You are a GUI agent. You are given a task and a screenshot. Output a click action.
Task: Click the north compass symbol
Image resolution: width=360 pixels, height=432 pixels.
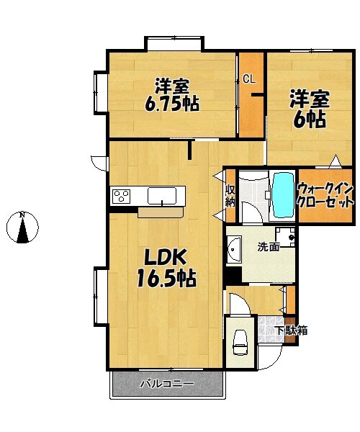point(22,228)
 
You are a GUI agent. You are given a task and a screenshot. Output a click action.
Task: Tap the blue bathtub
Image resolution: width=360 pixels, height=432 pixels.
point(283,195)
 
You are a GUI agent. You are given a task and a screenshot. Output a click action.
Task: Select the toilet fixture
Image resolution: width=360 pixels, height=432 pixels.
point(240,342)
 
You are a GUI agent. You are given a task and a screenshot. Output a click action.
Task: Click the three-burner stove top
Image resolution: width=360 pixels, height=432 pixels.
point(122,196)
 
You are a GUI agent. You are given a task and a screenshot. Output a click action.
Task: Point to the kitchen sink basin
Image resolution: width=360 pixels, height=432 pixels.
point(162,196)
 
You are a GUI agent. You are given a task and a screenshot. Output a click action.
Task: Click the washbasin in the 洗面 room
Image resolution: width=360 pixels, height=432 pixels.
point(234,249)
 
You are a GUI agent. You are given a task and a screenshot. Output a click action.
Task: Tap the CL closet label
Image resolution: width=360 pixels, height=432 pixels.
point(249,79)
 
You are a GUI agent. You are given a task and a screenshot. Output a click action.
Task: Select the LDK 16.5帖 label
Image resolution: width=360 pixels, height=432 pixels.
point(166,269)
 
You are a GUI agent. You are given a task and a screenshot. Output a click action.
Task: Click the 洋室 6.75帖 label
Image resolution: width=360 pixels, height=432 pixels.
point(172,95)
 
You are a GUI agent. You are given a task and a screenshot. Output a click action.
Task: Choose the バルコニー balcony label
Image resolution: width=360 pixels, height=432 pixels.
point(168,384)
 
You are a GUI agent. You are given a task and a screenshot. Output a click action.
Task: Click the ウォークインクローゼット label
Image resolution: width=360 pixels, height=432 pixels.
point(325,196)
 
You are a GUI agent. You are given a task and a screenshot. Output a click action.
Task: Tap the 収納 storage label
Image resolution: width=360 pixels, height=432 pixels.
point(230,196)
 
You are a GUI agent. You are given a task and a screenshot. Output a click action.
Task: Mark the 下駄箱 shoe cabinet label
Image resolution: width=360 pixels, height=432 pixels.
point(292,330)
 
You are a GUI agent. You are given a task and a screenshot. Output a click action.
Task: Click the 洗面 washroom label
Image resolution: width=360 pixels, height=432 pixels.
point(269,247)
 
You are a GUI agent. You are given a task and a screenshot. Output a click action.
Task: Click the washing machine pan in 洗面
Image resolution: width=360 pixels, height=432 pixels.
point(285,237)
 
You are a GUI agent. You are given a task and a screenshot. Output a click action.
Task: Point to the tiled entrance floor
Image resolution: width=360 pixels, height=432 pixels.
point(271,329)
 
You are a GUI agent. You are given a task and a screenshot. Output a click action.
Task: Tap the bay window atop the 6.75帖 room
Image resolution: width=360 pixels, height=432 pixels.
point(174,43)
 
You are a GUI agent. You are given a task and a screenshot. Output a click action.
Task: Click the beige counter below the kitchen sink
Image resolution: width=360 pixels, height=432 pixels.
point(161,212)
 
